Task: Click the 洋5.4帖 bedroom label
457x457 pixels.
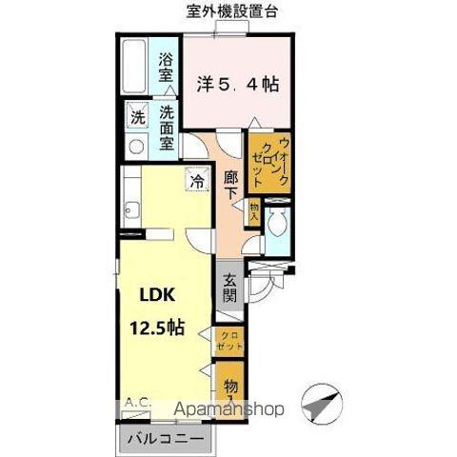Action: pos(239,84)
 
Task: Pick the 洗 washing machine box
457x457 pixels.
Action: pos(137,120)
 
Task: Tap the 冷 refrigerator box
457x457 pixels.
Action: pos(197,178)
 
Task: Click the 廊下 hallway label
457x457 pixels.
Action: pos(231,184)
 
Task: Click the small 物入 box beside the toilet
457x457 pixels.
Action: pos(253,212)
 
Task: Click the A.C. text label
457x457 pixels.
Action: pos(137,403)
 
